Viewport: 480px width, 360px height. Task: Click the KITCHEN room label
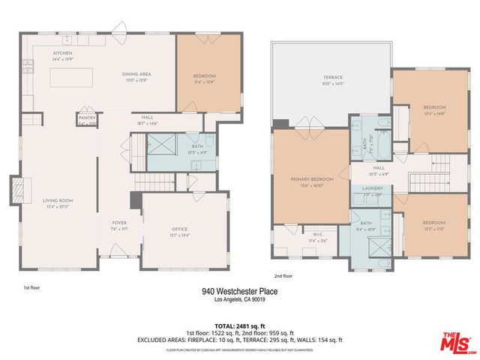[62, 53]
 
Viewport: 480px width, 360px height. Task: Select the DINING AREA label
[137, 74]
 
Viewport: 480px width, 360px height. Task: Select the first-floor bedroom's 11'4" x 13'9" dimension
[205, 82]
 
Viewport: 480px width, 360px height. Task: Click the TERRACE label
[332, 77]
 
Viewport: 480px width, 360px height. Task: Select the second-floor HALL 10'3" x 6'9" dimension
[379, 173]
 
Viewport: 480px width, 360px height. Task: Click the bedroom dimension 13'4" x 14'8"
[434, 113]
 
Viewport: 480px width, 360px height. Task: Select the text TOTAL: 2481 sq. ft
[239, 326]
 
